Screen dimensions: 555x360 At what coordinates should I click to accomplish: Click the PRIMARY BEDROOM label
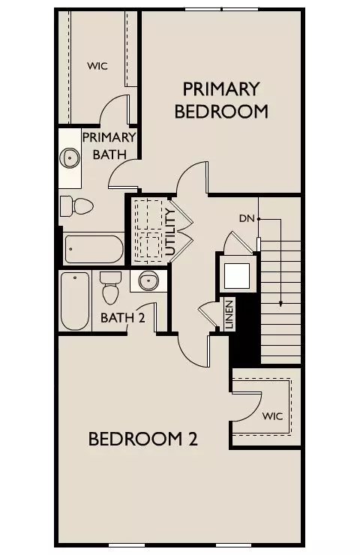click(221, 100)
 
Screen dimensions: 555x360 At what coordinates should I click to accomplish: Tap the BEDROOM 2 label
click(142, 439)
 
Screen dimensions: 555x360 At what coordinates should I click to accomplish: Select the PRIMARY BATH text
click(109, 145)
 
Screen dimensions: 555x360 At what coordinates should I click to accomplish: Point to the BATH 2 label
click(122, 318)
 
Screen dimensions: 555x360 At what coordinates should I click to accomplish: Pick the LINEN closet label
click(229, 314)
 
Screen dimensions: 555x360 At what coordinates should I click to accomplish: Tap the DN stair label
click(247, 218)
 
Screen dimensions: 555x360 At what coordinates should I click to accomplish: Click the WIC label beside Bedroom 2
click(272, 415)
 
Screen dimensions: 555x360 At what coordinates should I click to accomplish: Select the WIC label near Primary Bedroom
click(97, 66)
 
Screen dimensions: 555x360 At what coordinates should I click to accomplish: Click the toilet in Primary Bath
click(76, 205)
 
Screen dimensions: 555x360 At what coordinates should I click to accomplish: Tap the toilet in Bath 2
click(111, 286)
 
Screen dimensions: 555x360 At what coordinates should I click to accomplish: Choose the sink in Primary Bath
click(70, 158)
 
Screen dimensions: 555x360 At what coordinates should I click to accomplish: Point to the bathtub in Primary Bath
click(94, 248)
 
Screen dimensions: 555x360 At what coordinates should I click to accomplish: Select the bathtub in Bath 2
click(75, 302)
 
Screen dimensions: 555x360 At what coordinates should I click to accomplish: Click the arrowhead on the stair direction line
click(280, 304)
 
